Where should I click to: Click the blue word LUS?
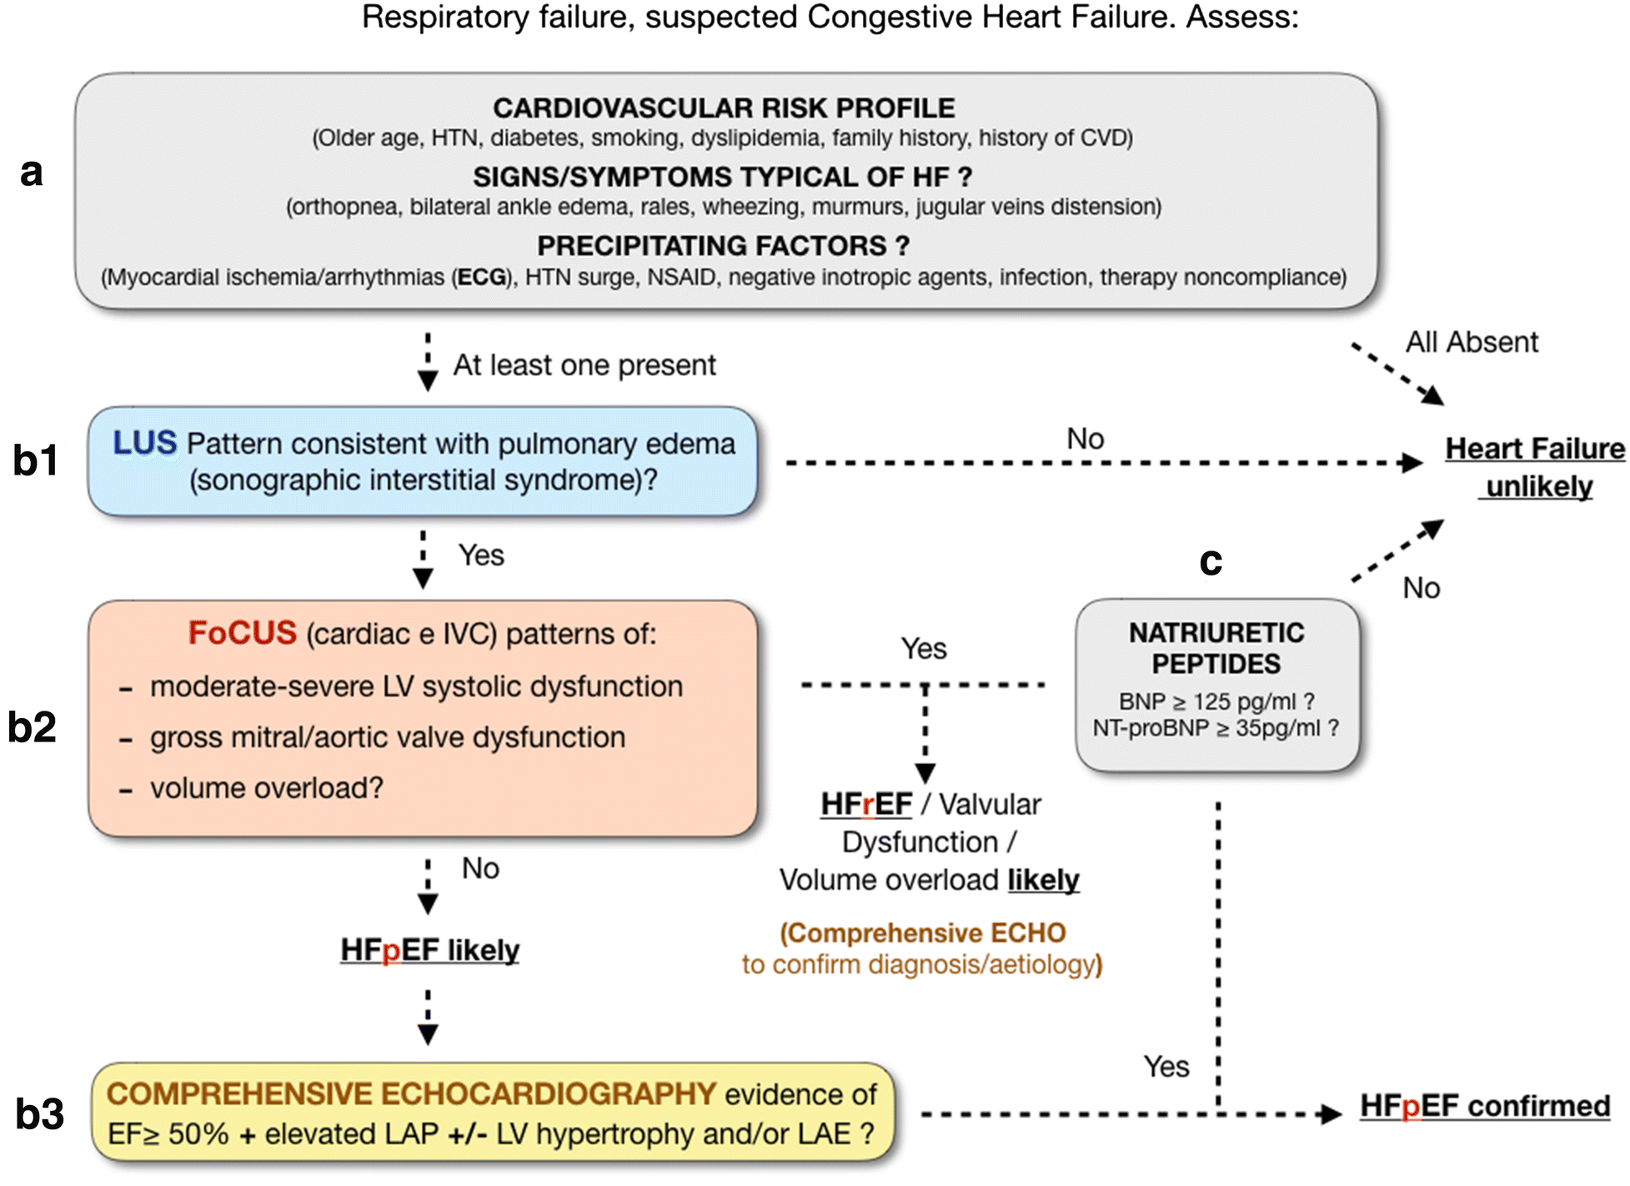coord(145,443)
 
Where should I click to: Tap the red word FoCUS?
coord(242,633)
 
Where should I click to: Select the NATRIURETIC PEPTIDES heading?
coord(1216,648)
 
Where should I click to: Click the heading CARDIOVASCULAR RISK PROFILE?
coord(724,108)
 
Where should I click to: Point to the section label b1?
coord(36,460)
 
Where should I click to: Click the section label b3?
coord(39,1114)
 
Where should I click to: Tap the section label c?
coord(1211,561)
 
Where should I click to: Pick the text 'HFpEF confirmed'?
coord(1485,1106)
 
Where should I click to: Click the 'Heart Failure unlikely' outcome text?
coord(1535,467)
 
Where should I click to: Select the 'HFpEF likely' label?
coord(429,950)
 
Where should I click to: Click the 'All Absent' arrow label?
coord(1472,342)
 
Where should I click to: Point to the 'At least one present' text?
coord(584,365)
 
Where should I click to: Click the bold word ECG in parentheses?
coord(482,277)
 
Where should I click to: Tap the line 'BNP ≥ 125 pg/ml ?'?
coord(1216,701)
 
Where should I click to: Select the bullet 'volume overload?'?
coord(266,788)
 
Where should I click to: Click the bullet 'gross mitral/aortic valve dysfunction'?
coord(387,737)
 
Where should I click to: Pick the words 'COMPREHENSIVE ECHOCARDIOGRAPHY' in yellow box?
coord(411,1093)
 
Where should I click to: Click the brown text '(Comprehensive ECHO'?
coord(923,932)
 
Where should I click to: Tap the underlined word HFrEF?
coord(866,804)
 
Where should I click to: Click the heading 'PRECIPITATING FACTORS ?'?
coord(723,246)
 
